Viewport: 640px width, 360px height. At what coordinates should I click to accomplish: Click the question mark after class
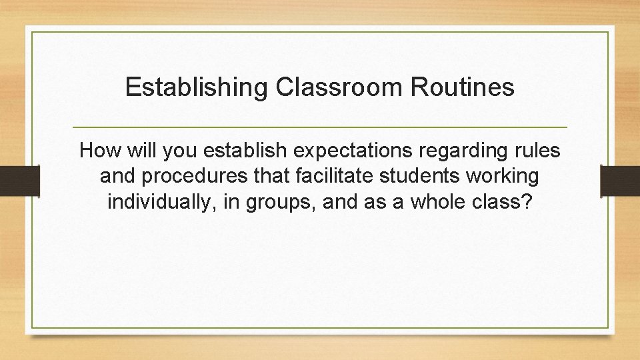(x=528, y=202)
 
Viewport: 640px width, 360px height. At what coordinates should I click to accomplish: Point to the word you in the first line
(x=179, y=151)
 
